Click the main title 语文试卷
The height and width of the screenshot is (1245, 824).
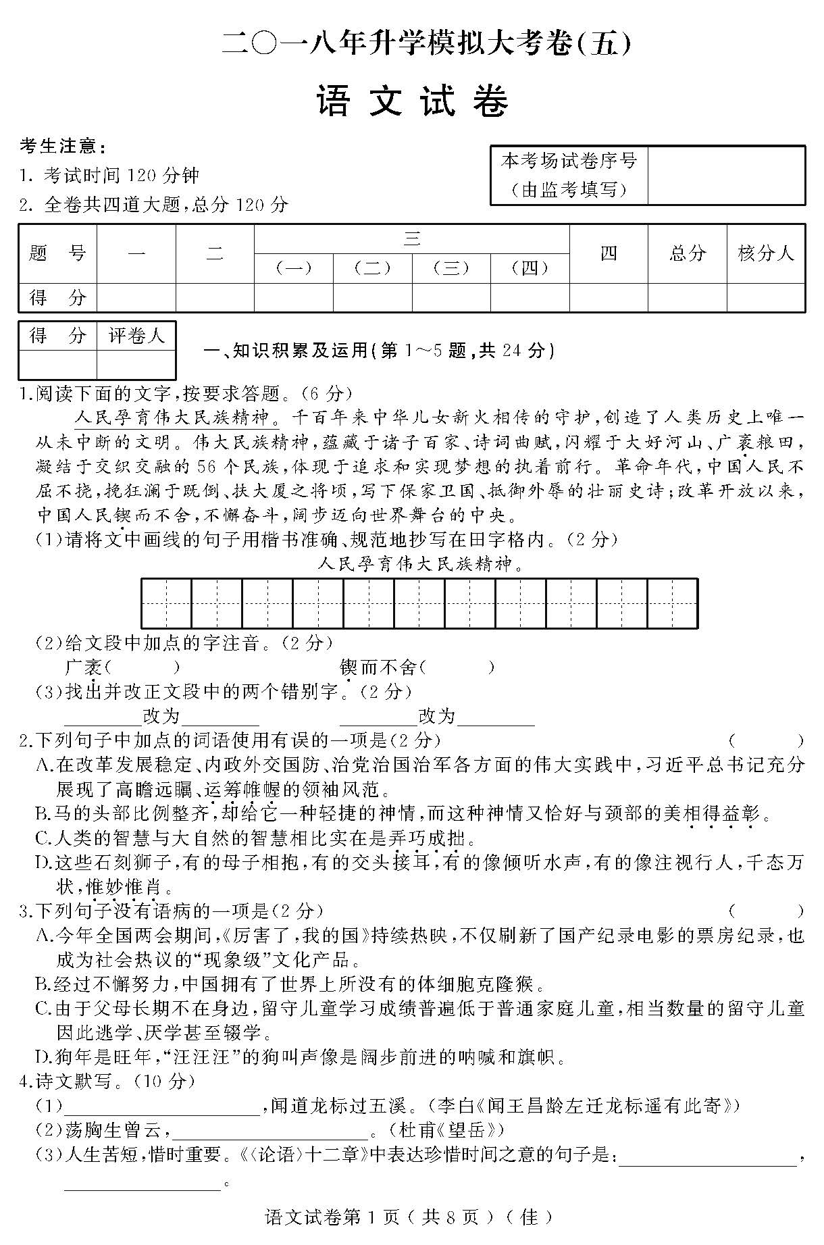pyautogui.click(x=412, y=103)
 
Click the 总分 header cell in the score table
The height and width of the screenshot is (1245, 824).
pyautogui.click(x=687, y=253)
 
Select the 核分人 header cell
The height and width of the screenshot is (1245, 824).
pyautogui.click(x=766, y=253)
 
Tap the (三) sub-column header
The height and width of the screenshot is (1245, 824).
pyautogui.click(x=450, y=268)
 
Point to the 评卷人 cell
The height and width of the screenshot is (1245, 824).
pyautogui.click(x=136, y=336)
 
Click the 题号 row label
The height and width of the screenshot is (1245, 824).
pyautogui.click(x=57, y=253)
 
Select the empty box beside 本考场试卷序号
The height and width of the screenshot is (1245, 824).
pyautogui.click(x=726, y=175)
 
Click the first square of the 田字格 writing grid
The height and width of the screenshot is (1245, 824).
pyautogui.click(x=166, y=603)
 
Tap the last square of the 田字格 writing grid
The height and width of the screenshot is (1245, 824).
pyautogui.click(x=672, y=603)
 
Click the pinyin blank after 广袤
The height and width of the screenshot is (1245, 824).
pyautogui.click(x=143, y=667)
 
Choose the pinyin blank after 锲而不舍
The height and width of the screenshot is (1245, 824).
pyautogui.click(x=457, y=667)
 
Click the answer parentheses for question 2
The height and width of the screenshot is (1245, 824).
pyautogui.click(x=766, y=740)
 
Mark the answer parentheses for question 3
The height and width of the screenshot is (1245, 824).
pyautogui.click(x=766, y=911)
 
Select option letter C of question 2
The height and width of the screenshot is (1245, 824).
pyautogui.click(x=43, y=838)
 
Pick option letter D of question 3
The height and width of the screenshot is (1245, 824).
pyautogui.click(x=43, y=1057)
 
